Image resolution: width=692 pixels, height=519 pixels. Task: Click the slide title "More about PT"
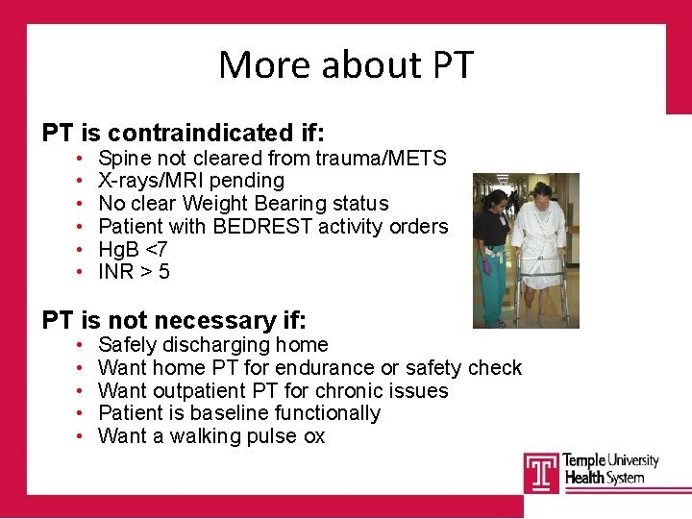pos(346,64)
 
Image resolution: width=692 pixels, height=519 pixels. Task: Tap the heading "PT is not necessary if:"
pos(174,320)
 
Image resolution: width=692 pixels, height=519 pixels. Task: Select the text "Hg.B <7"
pos(134,250)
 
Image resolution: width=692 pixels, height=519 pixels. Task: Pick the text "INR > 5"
pos(134,272)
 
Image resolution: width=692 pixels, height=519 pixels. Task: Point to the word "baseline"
pos(233,413)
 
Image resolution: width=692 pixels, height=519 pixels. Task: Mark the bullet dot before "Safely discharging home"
pos(77,345)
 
